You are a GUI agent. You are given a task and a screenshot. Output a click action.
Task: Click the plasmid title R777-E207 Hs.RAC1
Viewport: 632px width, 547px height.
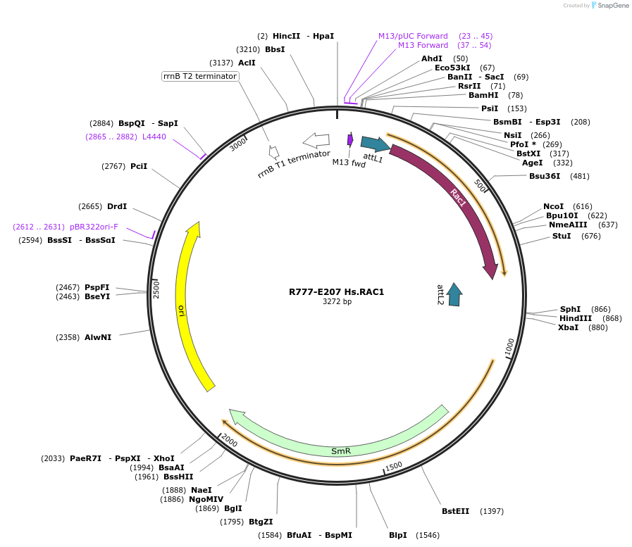tap(336, 291)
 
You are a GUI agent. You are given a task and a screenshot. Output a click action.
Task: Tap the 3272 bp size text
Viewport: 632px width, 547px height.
tap(337, 302)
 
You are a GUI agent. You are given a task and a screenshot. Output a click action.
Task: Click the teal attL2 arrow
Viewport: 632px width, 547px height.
tap(454, 294)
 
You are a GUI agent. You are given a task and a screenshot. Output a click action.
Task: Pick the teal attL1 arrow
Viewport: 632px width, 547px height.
tap(375, 144)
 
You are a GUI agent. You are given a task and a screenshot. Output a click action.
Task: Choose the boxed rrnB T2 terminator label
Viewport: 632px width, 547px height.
tap(200, 76)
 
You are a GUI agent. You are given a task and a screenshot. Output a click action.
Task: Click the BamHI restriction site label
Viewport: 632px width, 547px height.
tap(483, 95)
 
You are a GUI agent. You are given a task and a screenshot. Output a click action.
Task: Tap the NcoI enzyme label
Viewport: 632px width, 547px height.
tap(553, 206)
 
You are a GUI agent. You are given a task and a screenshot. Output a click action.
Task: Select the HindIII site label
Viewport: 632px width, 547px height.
tap(576, 318)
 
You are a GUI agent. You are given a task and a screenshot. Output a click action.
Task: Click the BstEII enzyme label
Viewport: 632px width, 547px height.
tap(455, 511)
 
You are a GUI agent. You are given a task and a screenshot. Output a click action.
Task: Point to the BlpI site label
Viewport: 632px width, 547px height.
tap(397, 535)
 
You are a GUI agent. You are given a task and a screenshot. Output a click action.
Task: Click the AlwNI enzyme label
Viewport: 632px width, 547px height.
tap(98, 337)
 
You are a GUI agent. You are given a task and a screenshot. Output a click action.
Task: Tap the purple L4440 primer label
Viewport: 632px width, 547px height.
tap(154, 137)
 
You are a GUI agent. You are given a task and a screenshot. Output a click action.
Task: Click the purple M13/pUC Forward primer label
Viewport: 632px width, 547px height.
tap(413, 36)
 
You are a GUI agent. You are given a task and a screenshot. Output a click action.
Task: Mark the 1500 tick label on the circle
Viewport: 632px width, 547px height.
tap(394, 465)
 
